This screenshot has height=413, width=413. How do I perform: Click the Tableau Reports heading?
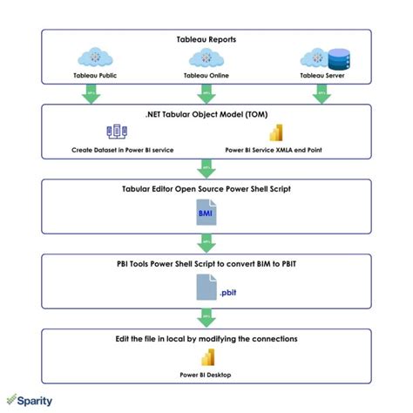coord(206,39)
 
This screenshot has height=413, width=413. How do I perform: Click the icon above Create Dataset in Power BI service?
coord(116,133)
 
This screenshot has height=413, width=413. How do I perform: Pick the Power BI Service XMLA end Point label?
coord(280,151)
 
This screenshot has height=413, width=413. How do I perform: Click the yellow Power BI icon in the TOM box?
coord(281,133)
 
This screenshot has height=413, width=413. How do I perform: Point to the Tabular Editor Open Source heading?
coord(206,188)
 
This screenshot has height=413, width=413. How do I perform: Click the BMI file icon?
coord(206,213)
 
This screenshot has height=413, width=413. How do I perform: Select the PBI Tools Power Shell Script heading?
coord(206,262)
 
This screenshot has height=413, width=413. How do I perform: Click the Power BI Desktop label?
coord(207,376)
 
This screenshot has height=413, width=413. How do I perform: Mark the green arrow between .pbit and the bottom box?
coord(206,315)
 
